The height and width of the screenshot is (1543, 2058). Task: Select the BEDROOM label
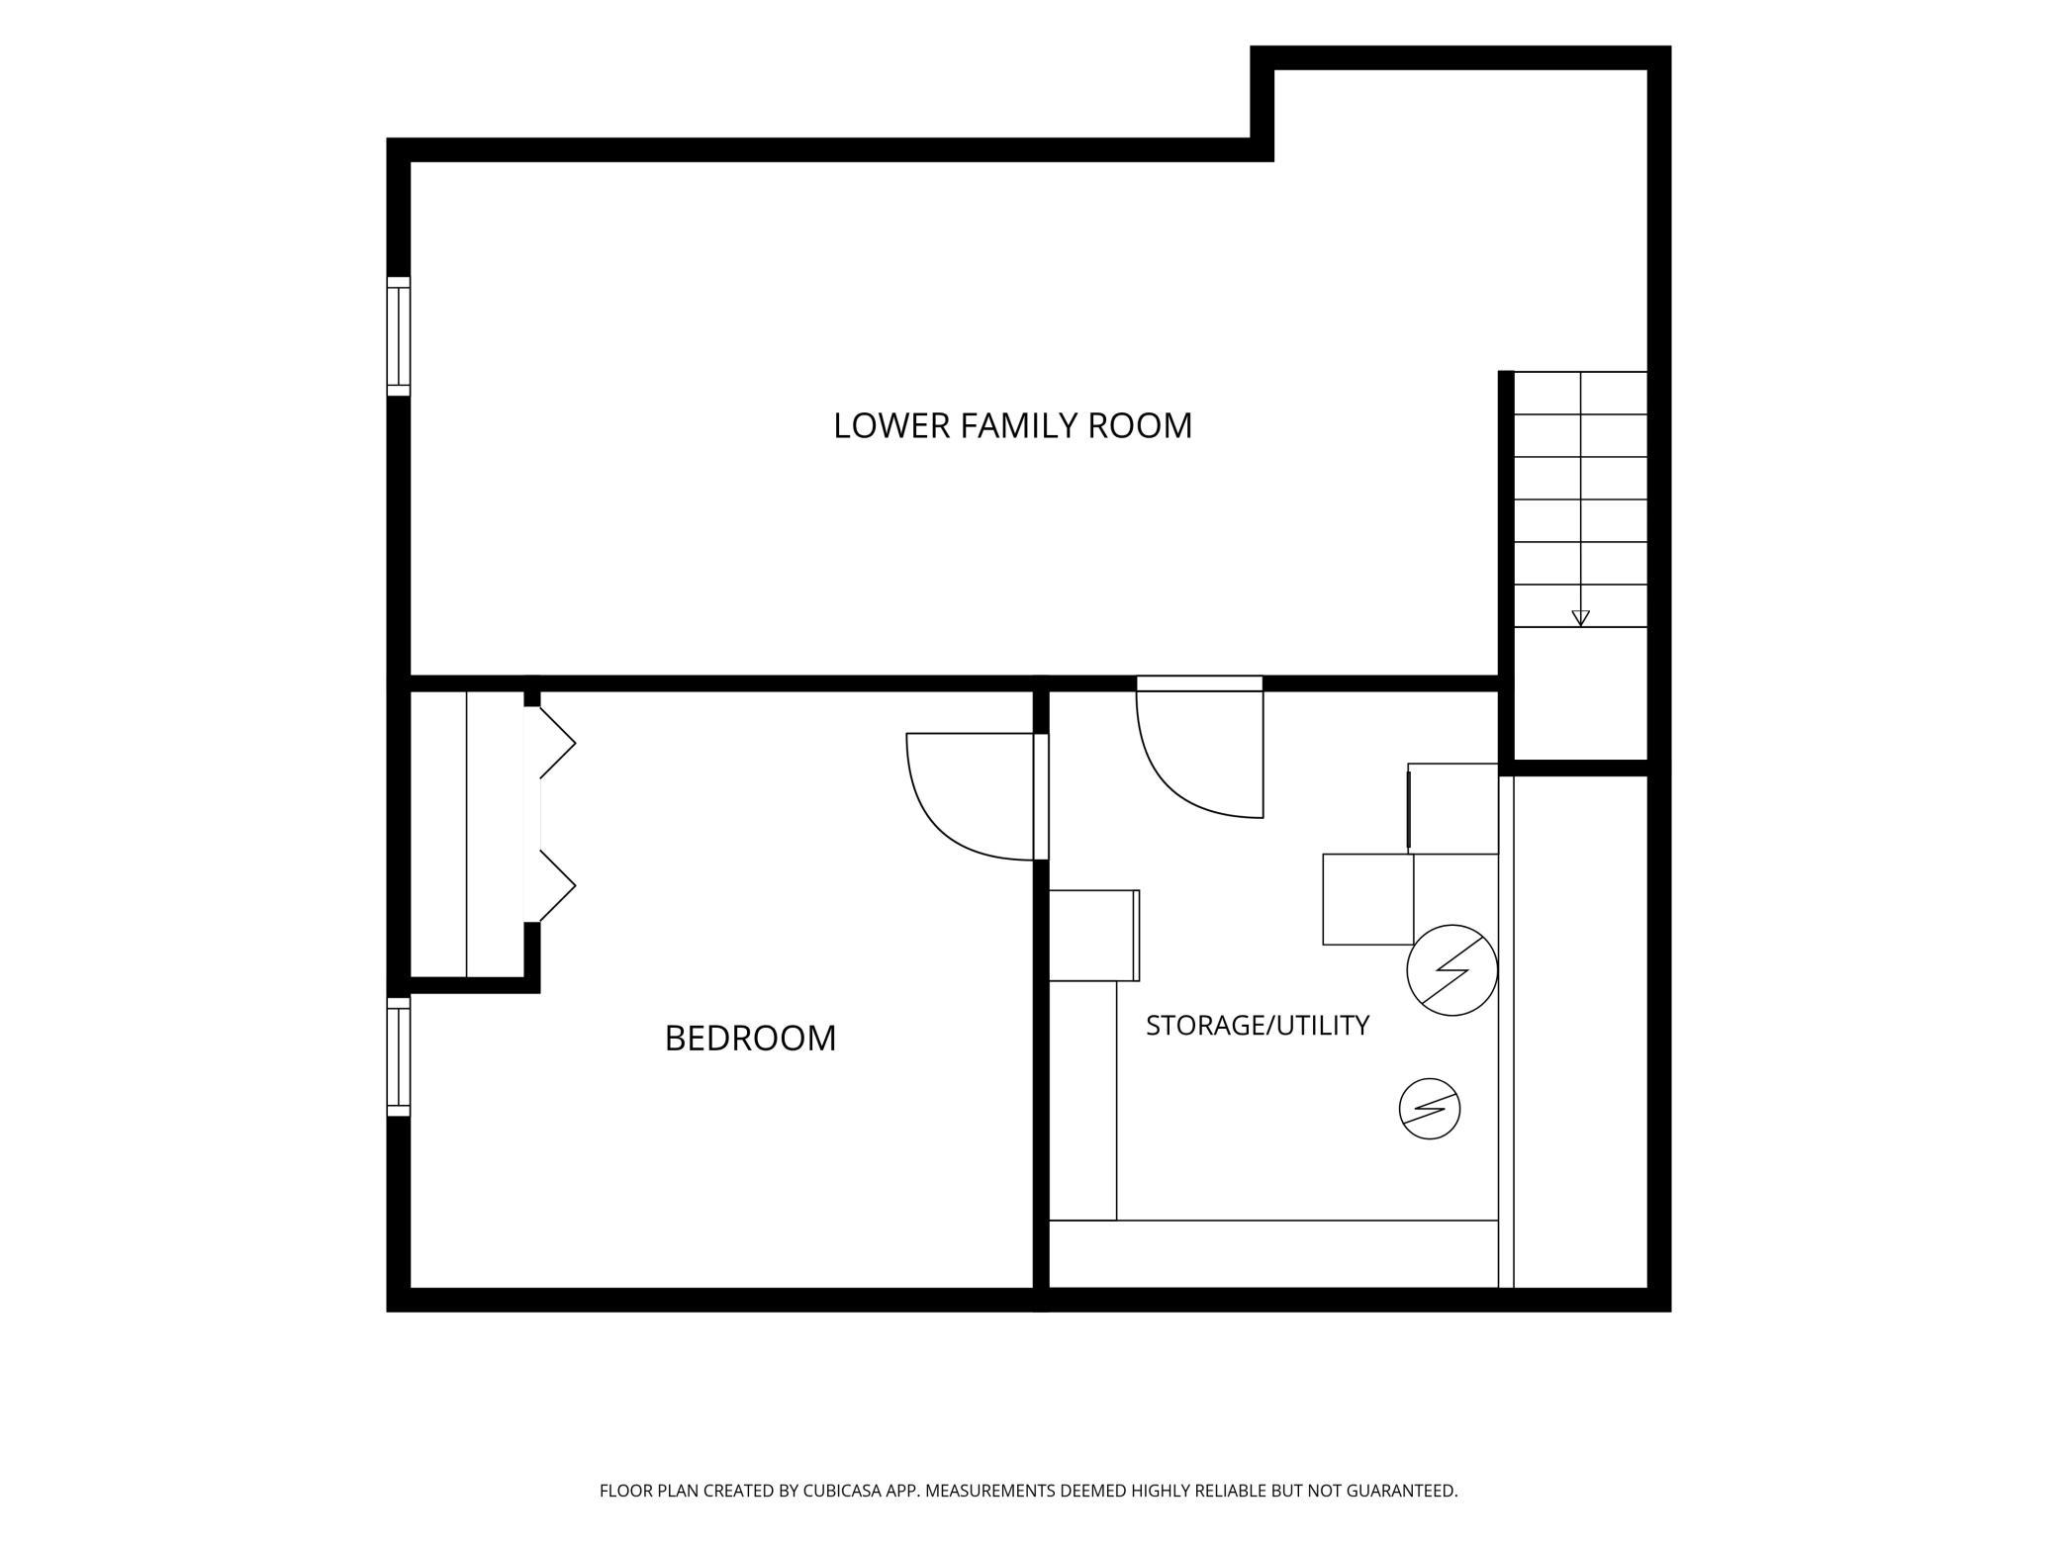tap(750, 1039)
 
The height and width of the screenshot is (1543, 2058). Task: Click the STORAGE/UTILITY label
tap(1258, 1026)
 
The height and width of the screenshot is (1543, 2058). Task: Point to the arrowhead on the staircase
tap(1580, 618)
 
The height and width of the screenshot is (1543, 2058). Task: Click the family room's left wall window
tap(398, 336)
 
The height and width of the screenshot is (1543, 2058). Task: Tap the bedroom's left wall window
tap(398, 1056)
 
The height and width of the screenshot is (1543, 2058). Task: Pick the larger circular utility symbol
tap(1452, 970)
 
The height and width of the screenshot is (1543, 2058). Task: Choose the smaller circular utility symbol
tap(1430, 1109)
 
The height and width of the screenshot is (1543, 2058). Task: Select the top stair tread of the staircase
tap(1580, 393)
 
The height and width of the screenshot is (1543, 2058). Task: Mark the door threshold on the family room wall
tap(1199, 683)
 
